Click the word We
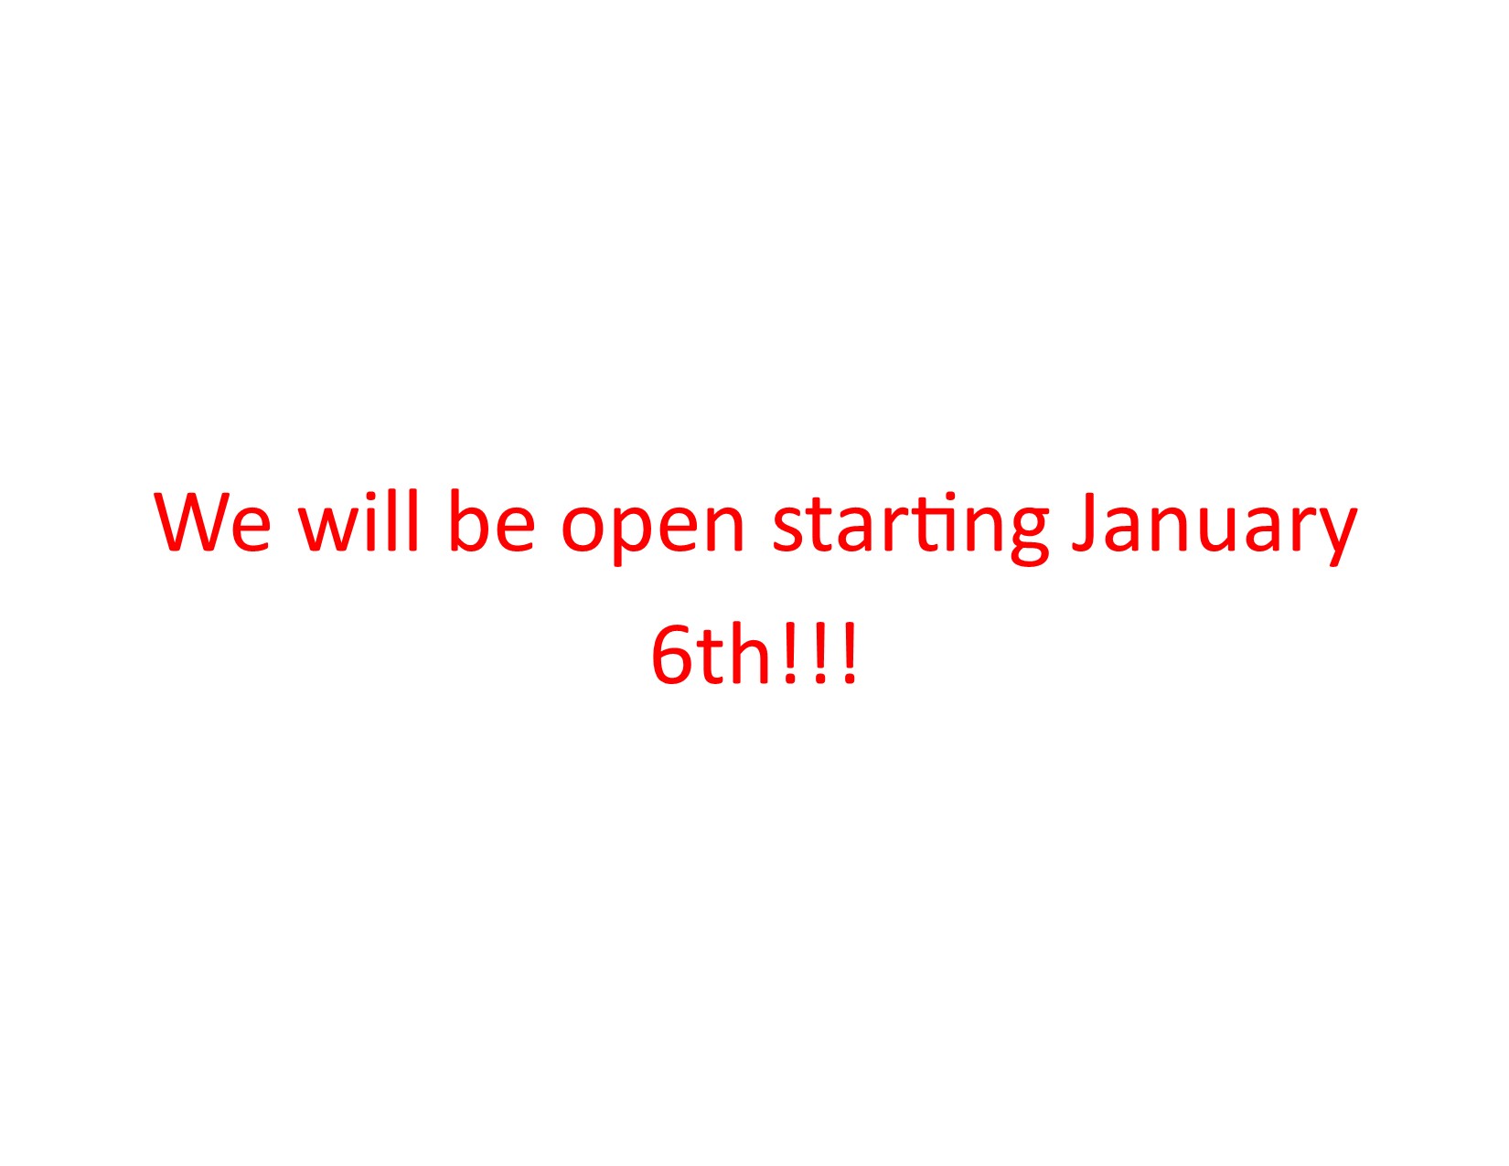[x=212, y=521]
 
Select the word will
[x=359, y=520]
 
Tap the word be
[x=493, y=520]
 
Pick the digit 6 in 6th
[x=673, y=655]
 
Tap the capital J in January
[x=1084, y=523]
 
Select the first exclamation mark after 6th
[x=789, y=654]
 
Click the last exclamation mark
[x=850, y=654]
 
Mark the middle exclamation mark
[x=819, y=654]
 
